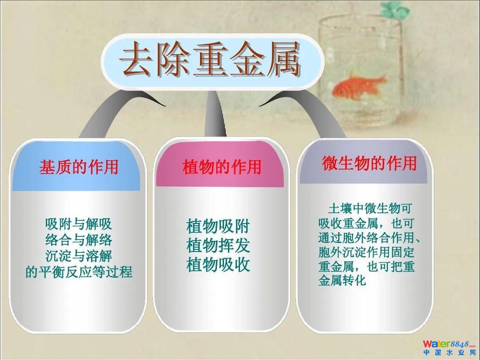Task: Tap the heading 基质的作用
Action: [x=79, y=168]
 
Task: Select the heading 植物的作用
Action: [x=222, y=167]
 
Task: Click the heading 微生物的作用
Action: [x=369, y=163]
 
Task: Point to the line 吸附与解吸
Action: [x=78, y=224]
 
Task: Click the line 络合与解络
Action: [x=79, y=240]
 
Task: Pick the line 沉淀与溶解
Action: [x=79, y=256]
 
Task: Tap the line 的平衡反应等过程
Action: [x=79, y=272]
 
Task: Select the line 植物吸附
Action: [x=218, y=227]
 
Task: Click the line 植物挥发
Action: [x=218, y=245]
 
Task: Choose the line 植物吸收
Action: [x=218, y=264]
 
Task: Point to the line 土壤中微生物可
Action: [x=369, y=208]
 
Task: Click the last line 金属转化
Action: [x=342, y=280]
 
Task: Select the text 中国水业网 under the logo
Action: [x=450, y=352]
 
